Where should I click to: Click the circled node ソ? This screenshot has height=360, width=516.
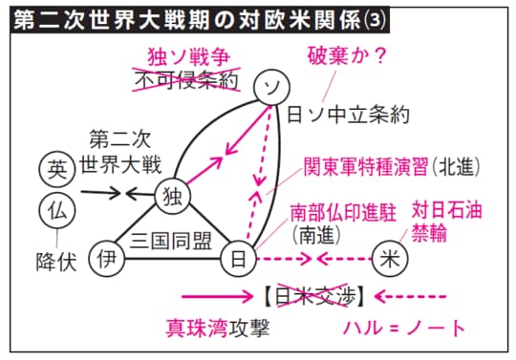point(272,89)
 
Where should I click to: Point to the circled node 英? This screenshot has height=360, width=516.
point(58,170)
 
